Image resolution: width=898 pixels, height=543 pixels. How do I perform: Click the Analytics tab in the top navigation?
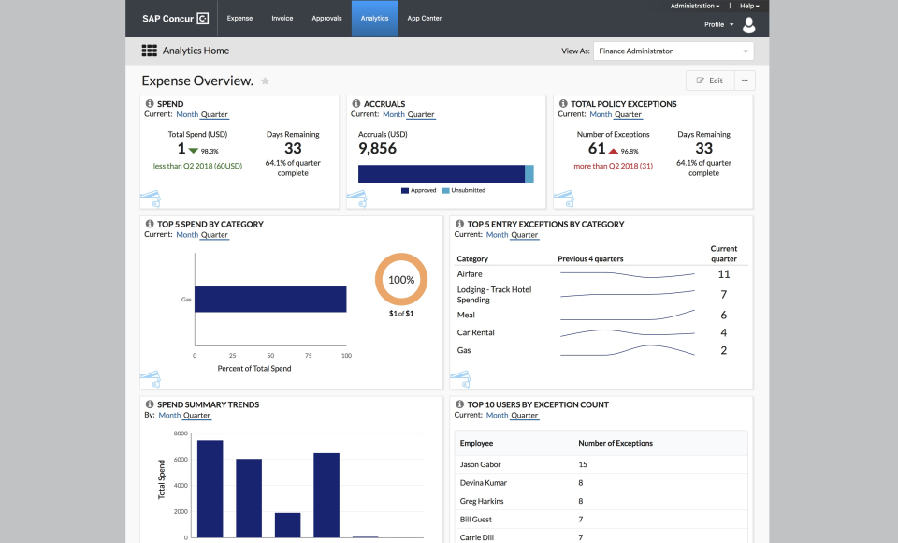pos(374,19)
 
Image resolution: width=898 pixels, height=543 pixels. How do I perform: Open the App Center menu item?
pos(425,19)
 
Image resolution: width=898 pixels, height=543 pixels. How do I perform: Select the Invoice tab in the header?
pos(282,19)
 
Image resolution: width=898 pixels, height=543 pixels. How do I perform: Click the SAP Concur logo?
pos(175,19)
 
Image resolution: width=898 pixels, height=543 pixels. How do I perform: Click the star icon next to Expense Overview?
pos(265,81)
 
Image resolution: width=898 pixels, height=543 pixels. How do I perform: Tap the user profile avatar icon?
pos(748,25)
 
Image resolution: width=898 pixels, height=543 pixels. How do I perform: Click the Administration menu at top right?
pos(696,6)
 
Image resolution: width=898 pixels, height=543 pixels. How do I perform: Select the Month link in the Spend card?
pos(187,114)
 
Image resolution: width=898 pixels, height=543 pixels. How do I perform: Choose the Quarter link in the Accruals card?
pos(421,114)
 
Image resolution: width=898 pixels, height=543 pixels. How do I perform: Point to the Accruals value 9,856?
pos(377,149)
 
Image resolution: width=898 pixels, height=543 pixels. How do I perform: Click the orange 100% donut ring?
pos(401,257)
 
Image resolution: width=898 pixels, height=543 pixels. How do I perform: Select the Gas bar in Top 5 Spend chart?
pos(270,300)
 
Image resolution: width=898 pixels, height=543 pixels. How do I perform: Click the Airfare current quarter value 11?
pos(723,274)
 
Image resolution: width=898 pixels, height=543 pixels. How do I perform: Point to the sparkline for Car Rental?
pos(627,332)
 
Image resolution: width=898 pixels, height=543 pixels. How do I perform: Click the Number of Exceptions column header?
pos(616,443)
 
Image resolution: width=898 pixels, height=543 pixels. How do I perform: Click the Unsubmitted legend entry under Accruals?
pos(467,190)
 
